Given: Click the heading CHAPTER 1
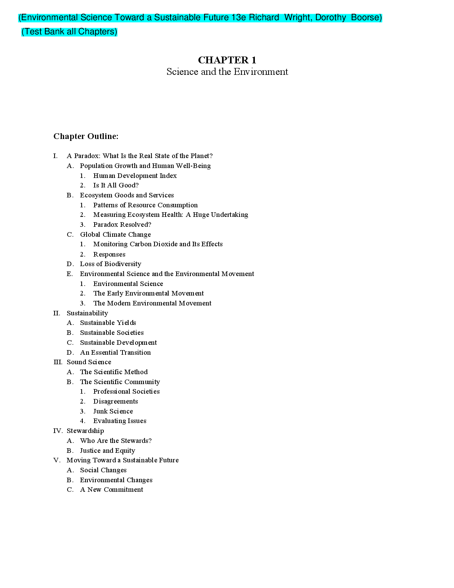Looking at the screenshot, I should [227, 60].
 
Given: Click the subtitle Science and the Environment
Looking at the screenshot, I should [227, 72].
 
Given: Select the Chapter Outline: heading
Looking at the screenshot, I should [86, 136].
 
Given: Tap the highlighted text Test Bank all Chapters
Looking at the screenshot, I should [69, 32].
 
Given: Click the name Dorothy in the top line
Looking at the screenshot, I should [330, 18].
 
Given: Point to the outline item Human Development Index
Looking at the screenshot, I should [135, 176].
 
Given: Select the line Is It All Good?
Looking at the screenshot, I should [116, 185].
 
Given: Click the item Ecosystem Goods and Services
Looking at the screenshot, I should [127, 195].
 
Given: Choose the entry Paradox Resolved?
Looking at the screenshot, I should [122, 225].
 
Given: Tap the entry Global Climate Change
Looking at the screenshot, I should [115, 234].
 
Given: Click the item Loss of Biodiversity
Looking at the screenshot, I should [110, 264].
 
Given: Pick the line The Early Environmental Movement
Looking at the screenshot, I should [148, 293].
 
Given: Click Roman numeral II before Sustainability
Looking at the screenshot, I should [57, 313].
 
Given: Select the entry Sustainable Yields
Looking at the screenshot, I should [108, 323].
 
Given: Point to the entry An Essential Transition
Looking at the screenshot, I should [115, 352].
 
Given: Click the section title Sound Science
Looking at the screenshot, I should [89, 362].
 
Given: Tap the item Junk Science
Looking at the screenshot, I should [113, 411].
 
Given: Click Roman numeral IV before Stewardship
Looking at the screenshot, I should [58, 431].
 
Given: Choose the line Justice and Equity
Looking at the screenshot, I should [107, 451].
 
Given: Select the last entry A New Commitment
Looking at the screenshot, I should [111, 489].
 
